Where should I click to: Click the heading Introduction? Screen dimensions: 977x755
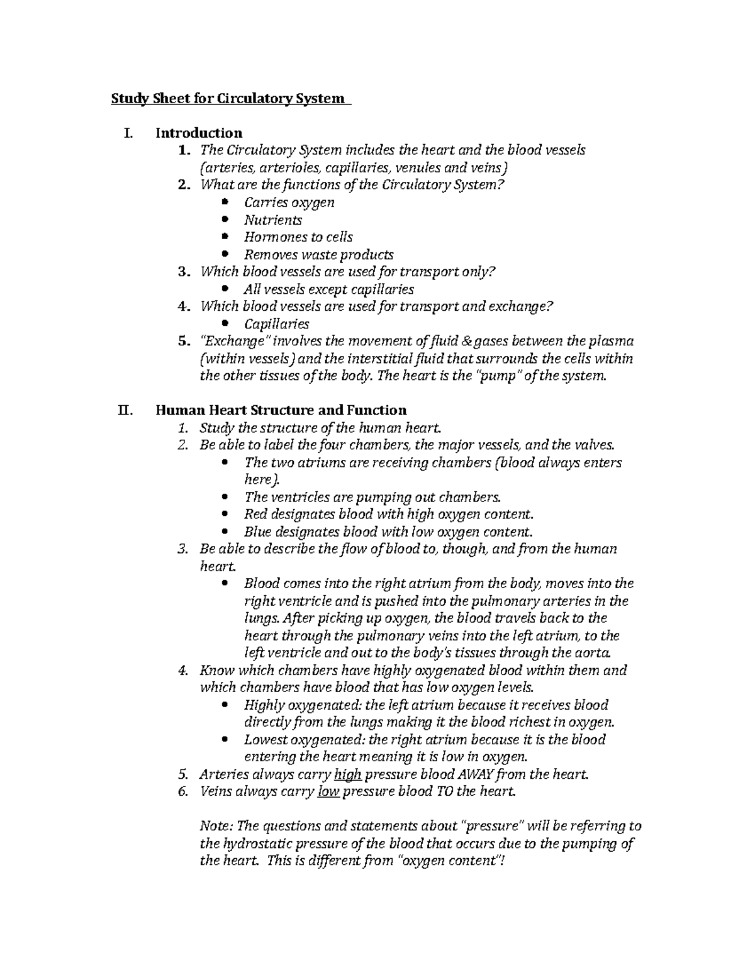pyautogui.click(x=199, y=133)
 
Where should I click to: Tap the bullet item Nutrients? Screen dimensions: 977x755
pyautogui.click(x=273, y=220)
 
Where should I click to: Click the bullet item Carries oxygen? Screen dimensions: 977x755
pyautogui.click(x=289, y=203)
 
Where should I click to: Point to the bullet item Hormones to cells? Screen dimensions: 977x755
pyautogui.click(x=298, y=237)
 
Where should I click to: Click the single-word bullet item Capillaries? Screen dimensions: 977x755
pyautogui.click(x=276, y=324)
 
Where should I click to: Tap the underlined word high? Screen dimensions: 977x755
pyautogui.click(x=349, y=774)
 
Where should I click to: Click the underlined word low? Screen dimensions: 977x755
pyautogui.click(x=328, y=791)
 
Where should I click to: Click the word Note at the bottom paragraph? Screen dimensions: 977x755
pyautogui.click(x=214, y=826)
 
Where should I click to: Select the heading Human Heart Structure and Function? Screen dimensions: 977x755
pyautogui.click(x=281, y=410)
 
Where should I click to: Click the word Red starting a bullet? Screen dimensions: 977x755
pyautogui.click(x=255, y=513)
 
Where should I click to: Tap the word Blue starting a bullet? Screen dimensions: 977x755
pyautogui.click(x=257, y=531)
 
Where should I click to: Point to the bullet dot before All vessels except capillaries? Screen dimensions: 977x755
pyautogui.click(x=226, y=289)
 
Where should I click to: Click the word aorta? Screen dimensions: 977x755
pyautogui.click(x=592, y=652)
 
